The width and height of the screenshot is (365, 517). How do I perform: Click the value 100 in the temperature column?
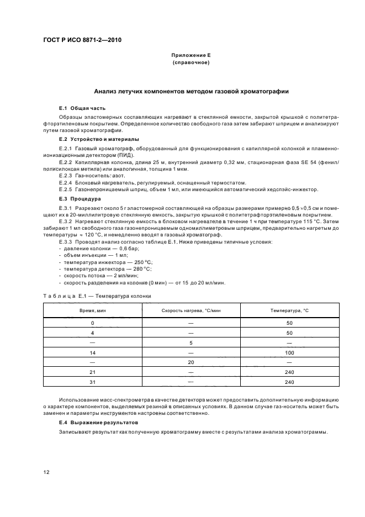click(x=290, y=352)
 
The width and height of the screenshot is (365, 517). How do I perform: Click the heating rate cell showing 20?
click(x=191, y=362)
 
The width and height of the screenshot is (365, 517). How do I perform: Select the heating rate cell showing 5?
click(x=191, y=342)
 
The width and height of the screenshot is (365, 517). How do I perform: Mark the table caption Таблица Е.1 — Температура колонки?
click(x=97, y=296)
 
